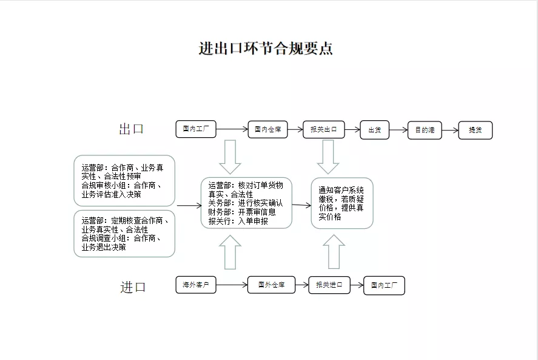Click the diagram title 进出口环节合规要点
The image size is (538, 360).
pyautogui.click(x=266, y=49)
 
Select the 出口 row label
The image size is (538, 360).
pyautogui.click(x=132, y=129)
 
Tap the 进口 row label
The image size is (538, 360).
pyautogui.click(x=133, y=287)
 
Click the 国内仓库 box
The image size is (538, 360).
pyautogui.click(x=267, y=129)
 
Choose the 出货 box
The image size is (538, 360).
pyautogui.click(x=374, y=130)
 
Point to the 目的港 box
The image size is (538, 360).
pyautogui.click(x=425, y=130)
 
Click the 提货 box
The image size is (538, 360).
pyautogui.click(x=475, y=130)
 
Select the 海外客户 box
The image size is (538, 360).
pyautogui.click(x=196, y=284)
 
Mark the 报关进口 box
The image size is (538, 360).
pyautogui.click(x=329, y=285)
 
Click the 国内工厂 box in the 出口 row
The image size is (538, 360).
pyautogui.click(x=196, y=129)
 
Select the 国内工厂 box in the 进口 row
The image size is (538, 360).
pyautogui.click(x=384, y=285)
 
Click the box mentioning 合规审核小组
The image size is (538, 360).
pyautogui.click(x=124, y=180)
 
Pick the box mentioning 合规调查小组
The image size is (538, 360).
pyautogui.click(x=124, y=234)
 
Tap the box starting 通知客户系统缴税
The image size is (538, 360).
pyautogui.click(x=341, y=203)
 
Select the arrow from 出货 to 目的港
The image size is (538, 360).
pyautogui.click(x=398, y=130)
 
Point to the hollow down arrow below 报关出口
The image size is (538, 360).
pyautogui.click(x=328, y=157)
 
